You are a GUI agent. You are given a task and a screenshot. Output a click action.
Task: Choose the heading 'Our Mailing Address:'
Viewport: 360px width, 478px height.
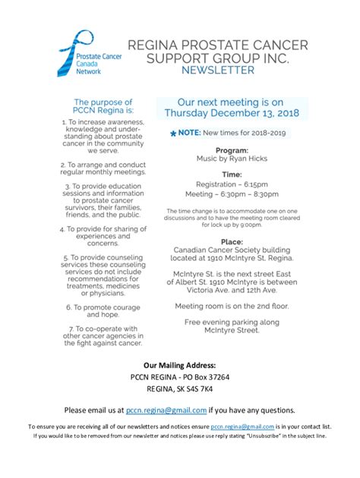tap(180, 364)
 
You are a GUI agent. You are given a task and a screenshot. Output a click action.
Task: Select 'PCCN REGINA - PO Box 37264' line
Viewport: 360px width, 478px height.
tap(180, 376)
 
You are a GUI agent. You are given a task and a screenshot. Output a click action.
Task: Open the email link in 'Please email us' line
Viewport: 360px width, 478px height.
tap(166, 410)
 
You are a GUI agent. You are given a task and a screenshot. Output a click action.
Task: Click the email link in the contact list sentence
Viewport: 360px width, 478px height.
tap(242, 427)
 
